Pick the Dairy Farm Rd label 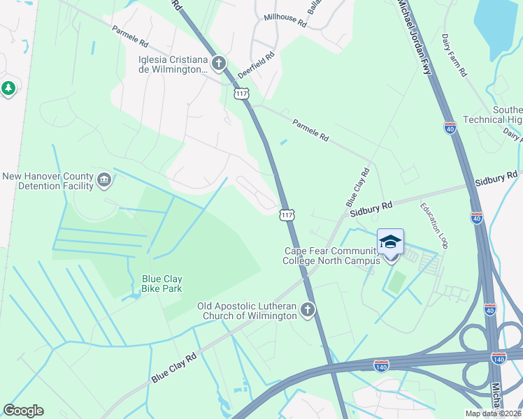coord(454,55)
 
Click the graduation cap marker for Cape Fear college coord(390,242)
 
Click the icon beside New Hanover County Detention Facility coord(104,181)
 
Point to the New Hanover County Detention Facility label coord(48,181)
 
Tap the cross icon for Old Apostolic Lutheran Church coord(307,311)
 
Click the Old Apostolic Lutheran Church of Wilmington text coord(247,311)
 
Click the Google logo coord(23,411)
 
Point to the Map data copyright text coord(493,413)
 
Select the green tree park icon coord(8,89)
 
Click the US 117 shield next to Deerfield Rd coord(241,93)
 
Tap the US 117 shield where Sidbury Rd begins coord(287,214)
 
